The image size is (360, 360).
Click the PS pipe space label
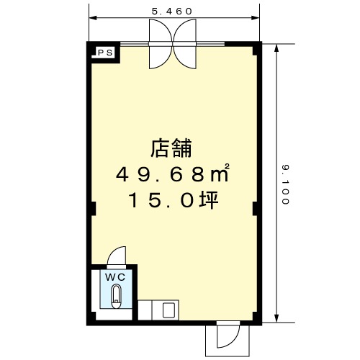point(106,53)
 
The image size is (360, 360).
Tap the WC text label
point(115,277)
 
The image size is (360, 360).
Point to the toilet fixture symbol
point(117,297)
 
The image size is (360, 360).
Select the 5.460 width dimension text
point(172,12)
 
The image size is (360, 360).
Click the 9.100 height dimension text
point(285,184)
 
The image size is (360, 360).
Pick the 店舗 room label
point(171,148)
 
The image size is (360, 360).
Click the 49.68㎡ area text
point(172,174)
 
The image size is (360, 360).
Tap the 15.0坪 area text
point(174,199)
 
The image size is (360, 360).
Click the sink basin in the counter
point(168,310)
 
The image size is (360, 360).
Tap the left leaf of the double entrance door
point(161,44)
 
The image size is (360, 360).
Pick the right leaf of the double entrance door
point(185,44)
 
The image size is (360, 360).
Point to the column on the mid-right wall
point(256,209)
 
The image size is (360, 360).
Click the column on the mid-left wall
point(94,209)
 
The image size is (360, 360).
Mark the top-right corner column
point(256,49)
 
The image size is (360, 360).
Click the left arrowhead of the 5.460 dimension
point(93,18)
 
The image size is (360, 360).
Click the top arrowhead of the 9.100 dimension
point(276,48)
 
